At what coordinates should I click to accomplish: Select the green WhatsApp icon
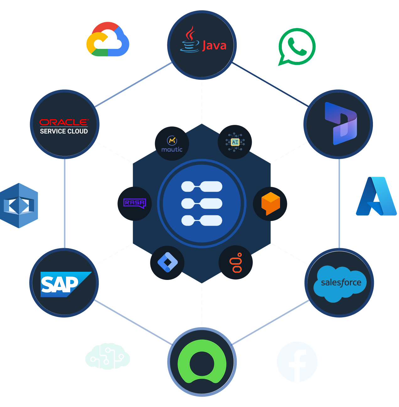click(x=297, y=47)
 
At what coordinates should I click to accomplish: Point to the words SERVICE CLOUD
click(x=64, y=131)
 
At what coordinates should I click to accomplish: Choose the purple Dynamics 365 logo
click(x=341, y=124)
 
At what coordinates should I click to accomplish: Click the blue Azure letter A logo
click(x=376, y=196)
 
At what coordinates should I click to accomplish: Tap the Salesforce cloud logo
click(x=340, y=283)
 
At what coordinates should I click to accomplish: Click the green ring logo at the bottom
click(x=202, y=361)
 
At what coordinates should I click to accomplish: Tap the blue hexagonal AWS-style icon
click(x=19, y=206)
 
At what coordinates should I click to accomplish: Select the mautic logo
click(x=172, y=144)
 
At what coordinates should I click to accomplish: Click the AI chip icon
click(x=235, y=142)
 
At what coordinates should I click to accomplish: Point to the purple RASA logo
click(x=135, y=203)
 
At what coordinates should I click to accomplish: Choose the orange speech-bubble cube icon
click(x=270, y=203)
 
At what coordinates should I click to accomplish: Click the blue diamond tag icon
click(x=167, y=262)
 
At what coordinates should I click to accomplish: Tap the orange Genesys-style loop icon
click(x=236, y=263)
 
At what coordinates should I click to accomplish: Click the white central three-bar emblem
click(x=202, y=204)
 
